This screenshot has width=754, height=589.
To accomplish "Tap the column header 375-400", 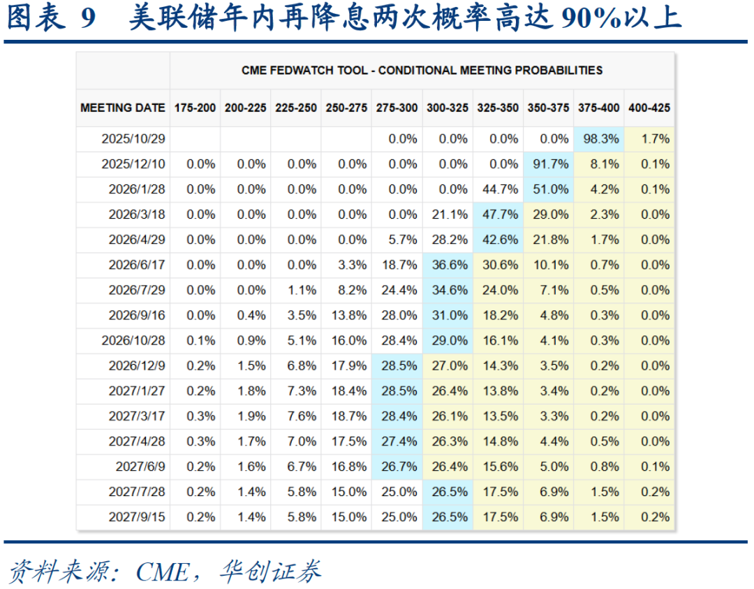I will pos(598,108).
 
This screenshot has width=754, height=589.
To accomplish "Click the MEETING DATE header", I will pos(123,108).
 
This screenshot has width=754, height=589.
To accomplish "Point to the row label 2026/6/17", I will pos(137,265).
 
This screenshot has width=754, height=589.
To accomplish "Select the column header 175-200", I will pos(195,108).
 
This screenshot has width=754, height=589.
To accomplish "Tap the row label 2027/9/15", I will pos(137,517).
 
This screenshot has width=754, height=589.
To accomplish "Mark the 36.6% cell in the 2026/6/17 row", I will pos(449,265).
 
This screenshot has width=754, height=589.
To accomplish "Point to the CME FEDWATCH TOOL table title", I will pos(422,71).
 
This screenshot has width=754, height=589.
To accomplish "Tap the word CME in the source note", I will pos(161,572).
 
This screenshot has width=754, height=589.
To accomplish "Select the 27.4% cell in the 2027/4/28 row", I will pos(399,442).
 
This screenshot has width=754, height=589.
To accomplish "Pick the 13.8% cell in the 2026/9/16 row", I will pos(348,315).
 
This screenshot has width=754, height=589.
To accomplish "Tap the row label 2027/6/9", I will pos(140,467).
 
